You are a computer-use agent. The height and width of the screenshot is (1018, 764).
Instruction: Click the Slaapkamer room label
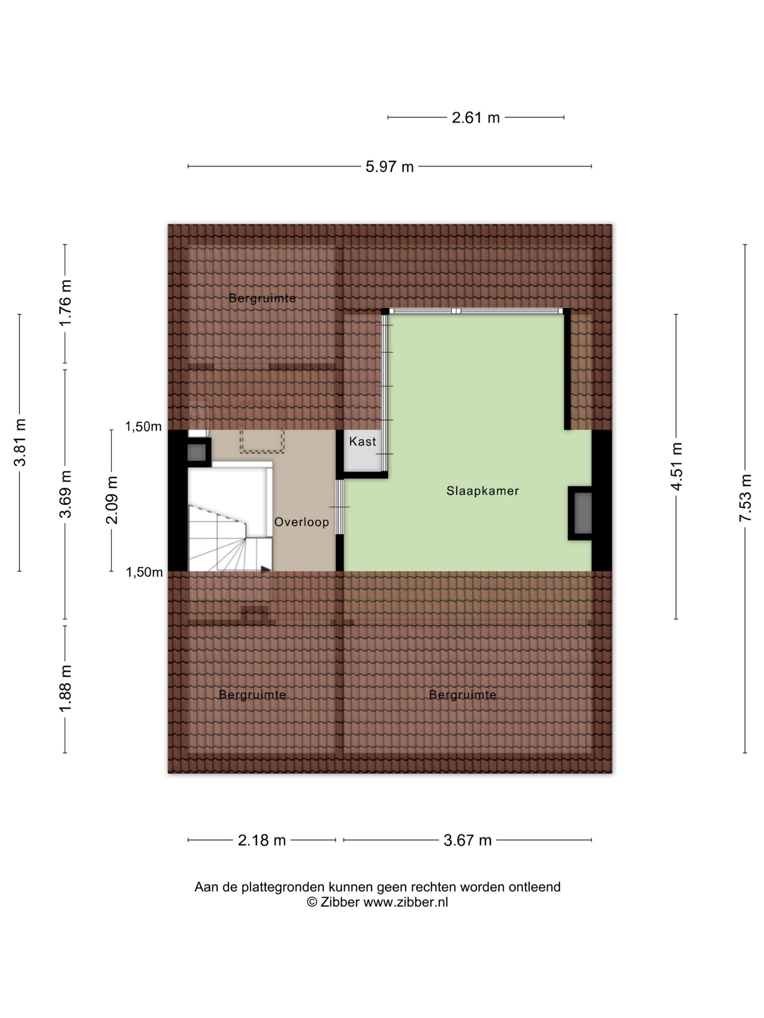coord(482,491)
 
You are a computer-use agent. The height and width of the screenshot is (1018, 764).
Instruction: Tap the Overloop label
coord(302,522)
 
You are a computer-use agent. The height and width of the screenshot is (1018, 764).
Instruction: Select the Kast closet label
coord(363,441)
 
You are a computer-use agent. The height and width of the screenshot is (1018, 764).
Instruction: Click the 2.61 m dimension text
coord(475,118)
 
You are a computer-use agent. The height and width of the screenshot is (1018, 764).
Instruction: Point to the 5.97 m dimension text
coord(389,166)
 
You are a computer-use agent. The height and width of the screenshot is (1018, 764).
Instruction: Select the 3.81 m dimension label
coord(20,443)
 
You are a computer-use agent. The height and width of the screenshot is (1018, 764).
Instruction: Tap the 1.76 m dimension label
coord(65,302)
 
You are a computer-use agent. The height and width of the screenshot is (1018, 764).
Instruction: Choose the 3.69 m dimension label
coord(65,494)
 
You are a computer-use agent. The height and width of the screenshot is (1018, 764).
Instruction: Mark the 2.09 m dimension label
coord(111,500)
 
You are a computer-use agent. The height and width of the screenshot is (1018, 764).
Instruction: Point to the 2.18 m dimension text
coord(262,841)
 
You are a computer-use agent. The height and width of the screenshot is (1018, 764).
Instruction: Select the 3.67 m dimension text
coord(468,841)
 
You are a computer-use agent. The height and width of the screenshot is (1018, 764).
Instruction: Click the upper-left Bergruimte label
coord(262,298)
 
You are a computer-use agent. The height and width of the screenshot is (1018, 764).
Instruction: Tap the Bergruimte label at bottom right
coord(462,695)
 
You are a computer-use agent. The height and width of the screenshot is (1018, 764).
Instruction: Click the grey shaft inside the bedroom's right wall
coord(583,513)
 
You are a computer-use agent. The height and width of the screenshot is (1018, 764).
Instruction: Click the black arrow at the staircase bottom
coord(266,569)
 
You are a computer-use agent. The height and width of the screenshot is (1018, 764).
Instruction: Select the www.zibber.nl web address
coord(406,902)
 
